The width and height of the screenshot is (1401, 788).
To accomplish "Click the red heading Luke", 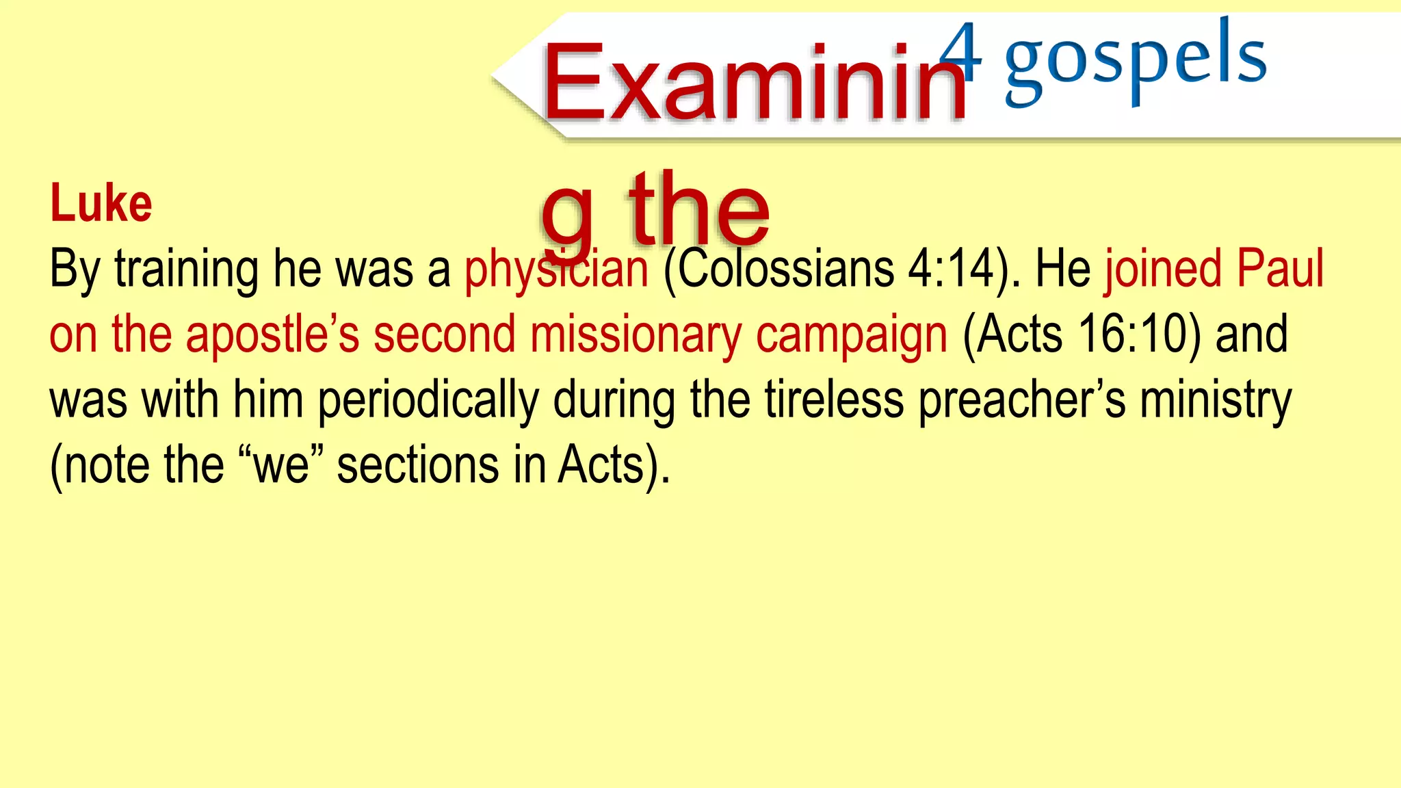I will pyautogui.click(x=101, y=204).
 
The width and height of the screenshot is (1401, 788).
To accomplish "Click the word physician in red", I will pyautogui.click(x=555, y=270).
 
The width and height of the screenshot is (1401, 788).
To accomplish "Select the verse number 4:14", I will pyautogui.click(x=953, y=268).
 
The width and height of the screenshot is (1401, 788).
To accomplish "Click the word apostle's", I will pyautogui.click(x=272, y=335).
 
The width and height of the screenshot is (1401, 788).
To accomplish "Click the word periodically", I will pyautogui.click(x=428, y=401).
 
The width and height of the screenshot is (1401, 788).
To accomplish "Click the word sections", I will pyautogui.click(x=418, y=466).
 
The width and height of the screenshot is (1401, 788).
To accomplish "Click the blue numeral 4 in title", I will pyautogui.click(x=960, y=51).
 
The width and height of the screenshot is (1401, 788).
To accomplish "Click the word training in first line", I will pyautogui.click(x=186, y=270).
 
